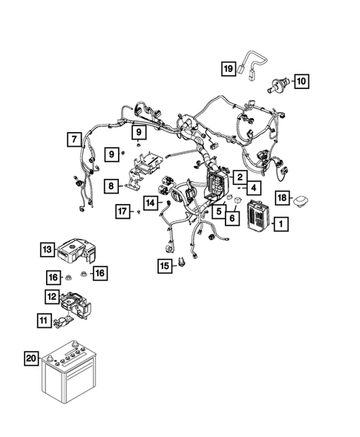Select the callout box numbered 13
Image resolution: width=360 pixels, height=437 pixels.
(48, 249)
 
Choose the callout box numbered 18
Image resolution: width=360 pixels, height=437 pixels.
(283, 197)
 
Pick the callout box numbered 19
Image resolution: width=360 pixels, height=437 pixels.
(229, 69)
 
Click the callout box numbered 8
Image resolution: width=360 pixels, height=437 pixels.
(111, 186)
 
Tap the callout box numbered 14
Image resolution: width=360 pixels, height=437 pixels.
(150, 202)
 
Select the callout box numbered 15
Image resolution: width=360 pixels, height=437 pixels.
(164, 265)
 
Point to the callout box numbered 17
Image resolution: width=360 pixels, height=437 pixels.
(123, 212)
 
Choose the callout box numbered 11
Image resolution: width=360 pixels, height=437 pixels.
(44, 321)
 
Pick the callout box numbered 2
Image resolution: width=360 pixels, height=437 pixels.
(240, 177)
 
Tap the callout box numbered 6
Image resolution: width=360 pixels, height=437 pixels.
(232, 217)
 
